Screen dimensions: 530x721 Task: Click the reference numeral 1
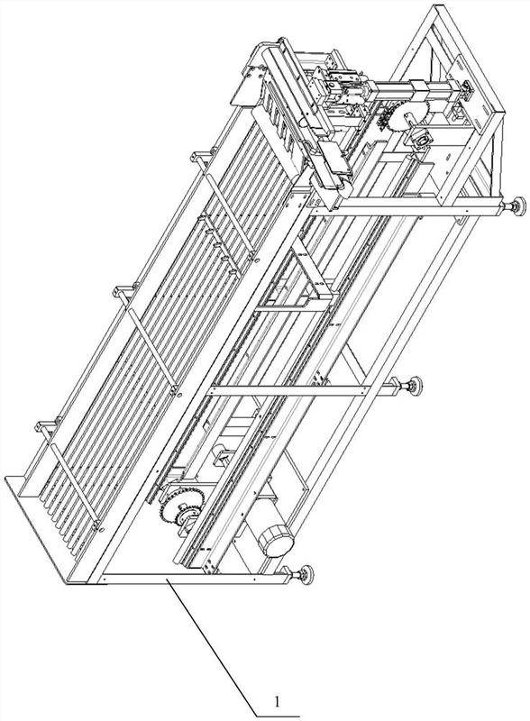(277, 701)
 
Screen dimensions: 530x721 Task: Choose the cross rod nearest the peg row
(229, 215)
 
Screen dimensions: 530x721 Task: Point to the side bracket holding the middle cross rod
(123, 291)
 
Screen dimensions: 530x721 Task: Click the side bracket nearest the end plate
(46, 426)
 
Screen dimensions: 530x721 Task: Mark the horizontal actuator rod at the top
(414, 88)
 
